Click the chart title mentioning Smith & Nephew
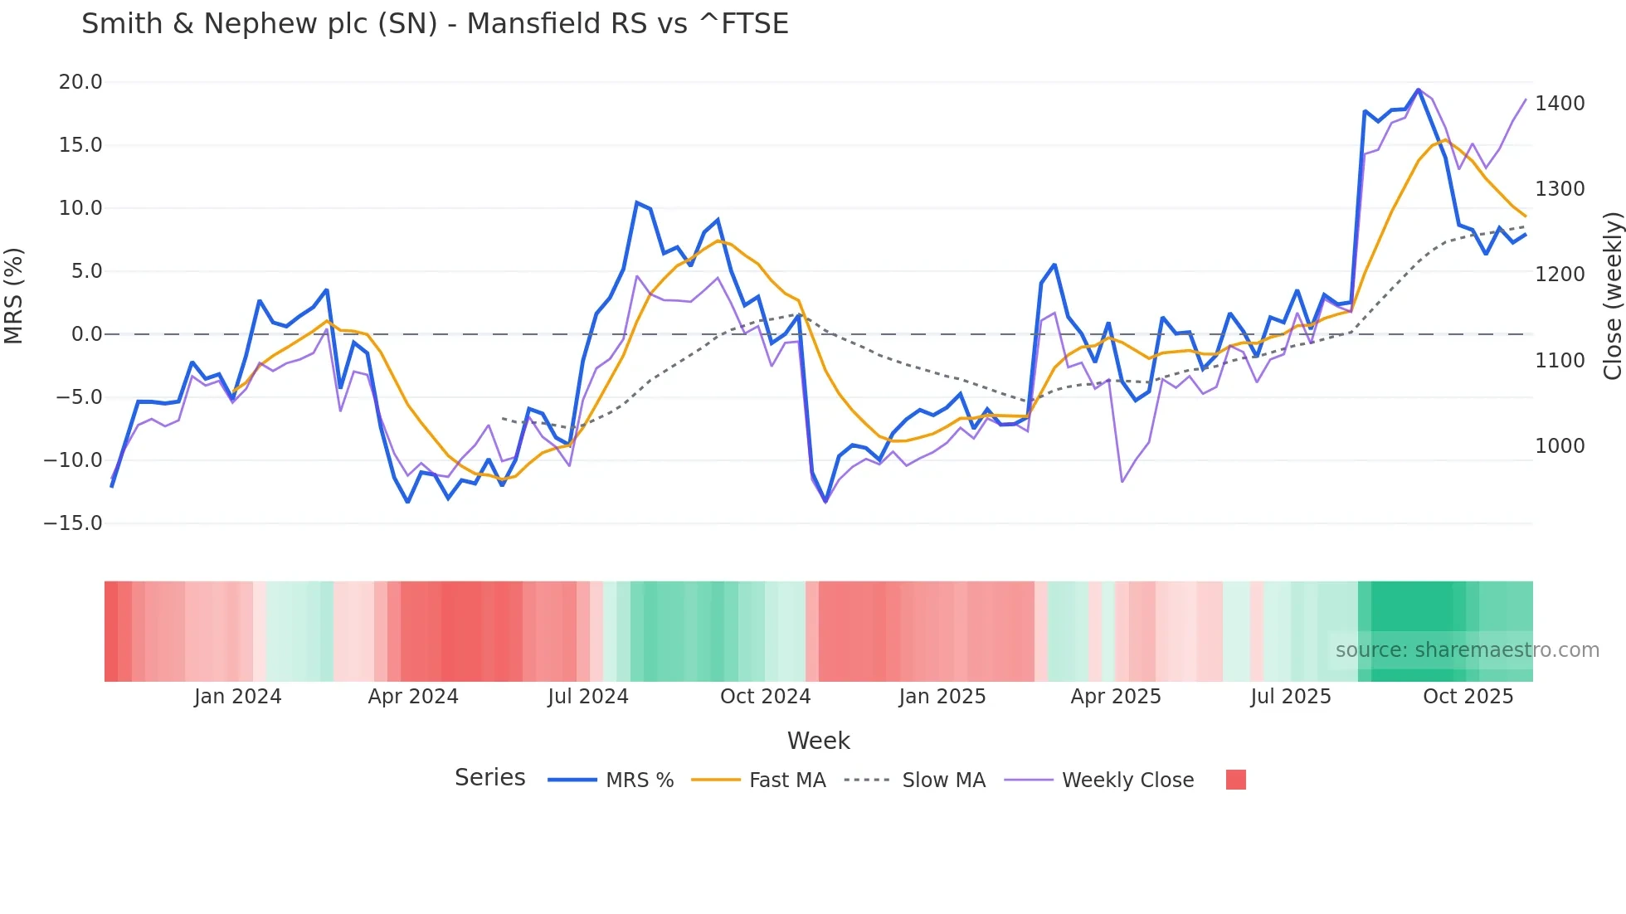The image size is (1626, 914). click(435, 24)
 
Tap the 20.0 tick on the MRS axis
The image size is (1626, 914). click(80, 82)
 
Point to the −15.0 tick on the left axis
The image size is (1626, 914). click(73, 523)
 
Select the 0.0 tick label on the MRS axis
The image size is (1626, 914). click(86, 334)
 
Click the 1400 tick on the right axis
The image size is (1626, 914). click(1560, 104)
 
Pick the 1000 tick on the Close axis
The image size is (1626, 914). click(1560, 446)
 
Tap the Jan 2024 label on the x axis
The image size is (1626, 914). click(237, 697)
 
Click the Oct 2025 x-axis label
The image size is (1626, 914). click(1468, 697)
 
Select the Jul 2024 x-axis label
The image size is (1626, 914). click(587, 697)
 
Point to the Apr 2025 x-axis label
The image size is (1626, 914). click(1115, 697)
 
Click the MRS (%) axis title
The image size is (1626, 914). click(14, 295)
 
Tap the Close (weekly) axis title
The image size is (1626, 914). click(1612, 295)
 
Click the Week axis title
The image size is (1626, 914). click(818, 741)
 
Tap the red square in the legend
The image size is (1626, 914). click(1235, 780)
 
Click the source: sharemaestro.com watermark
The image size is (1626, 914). click(1467, 650)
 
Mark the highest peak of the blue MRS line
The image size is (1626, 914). click(1419, 90)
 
